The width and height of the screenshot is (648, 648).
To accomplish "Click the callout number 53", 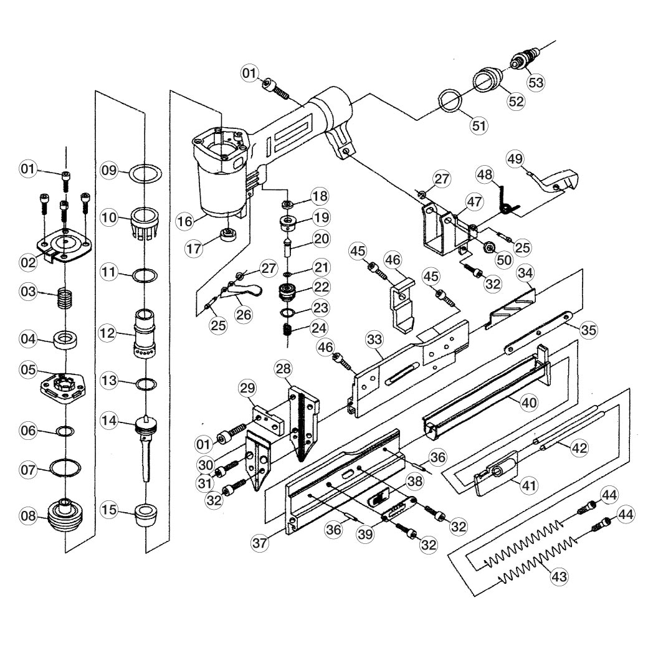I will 536,82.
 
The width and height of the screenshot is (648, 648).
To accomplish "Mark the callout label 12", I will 108,333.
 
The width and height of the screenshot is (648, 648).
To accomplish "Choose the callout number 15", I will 109,511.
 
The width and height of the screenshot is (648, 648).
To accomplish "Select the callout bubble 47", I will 475,201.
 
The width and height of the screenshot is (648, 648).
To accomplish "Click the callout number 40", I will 529,403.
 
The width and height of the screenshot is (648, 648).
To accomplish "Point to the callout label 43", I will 560,576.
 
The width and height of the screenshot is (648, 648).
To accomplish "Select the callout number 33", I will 374,340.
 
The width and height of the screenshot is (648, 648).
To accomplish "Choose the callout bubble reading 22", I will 322,287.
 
